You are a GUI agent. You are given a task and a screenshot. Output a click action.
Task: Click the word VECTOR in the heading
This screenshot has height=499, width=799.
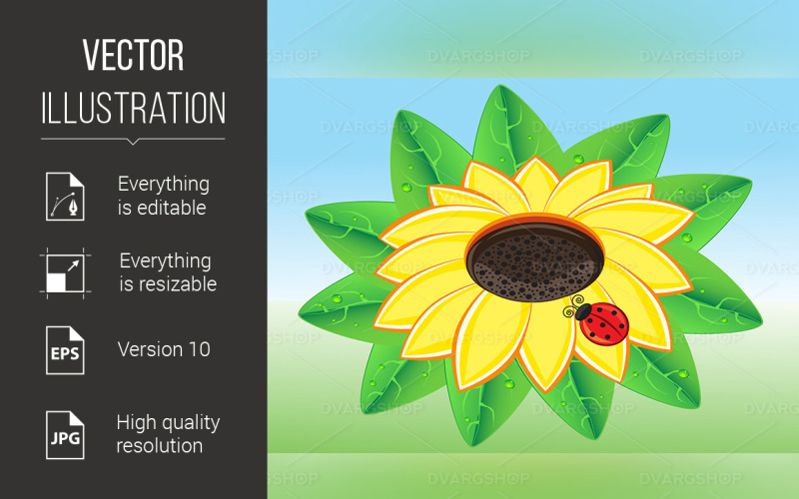click(133, 56)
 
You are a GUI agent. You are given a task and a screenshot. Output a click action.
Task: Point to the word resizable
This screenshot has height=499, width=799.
click(165, 284)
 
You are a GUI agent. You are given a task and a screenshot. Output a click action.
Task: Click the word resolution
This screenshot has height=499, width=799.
click(160, 445)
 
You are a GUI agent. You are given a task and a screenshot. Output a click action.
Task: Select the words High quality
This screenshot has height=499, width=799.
click(168, 422)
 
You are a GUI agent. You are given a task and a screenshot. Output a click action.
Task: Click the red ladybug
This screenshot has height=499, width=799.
click(603, 322)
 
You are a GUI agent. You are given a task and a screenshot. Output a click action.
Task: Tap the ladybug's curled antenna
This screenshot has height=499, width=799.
click(572, 308)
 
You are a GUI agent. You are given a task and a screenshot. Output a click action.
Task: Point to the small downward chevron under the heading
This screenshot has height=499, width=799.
click(133, 141)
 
